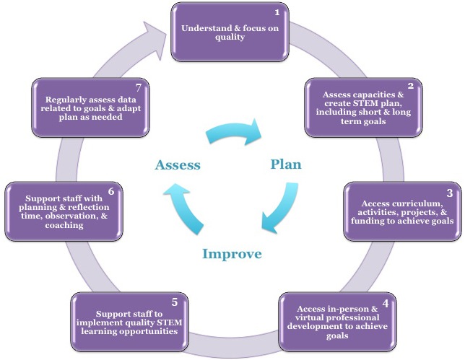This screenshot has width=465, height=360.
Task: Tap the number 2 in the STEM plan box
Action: tap(410, 86)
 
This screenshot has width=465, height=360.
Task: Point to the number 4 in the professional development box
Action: tap(385, 303)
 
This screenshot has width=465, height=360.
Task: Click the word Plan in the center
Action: tap(286, 164)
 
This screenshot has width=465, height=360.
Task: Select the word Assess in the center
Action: tap(177, 165)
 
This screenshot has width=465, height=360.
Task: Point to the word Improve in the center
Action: tap(232, 254)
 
